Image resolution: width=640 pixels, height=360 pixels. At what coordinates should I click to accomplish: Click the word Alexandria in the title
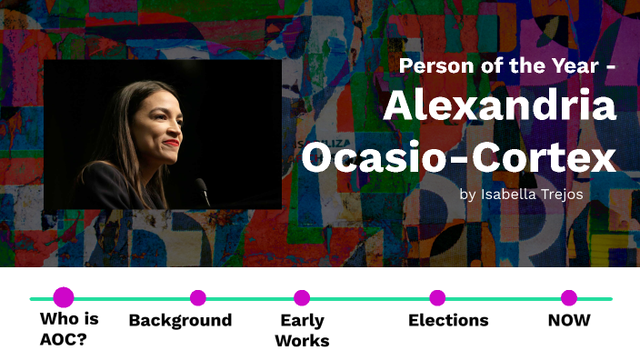(x=499, y=107)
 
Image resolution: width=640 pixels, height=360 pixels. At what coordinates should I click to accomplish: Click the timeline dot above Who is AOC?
(x=64, y=297)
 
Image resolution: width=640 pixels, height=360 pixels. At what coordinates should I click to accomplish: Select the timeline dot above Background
(x=198, y=297)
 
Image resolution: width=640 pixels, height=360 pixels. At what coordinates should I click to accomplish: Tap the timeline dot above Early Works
(x=302, y=297)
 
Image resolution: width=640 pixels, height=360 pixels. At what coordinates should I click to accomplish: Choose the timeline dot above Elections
(x=437, y=297)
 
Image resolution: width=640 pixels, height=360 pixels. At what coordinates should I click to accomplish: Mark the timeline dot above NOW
(x=569, y=297)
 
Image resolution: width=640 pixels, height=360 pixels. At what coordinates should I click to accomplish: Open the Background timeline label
(x=180, y=320)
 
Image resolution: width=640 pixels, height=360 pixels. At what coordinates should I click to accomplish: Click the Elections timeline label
(x=448, y=320)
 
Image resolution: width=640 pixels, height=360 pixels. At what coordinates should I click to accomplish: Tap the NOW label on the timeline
(x=569, y=320)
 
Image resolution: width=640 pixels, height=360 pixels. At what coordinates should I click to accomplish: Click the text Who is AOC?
(x=70, y=330)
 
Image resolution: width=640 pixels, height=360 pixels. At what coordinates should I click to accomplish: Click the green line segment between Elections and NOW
(x=503, y=298)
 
